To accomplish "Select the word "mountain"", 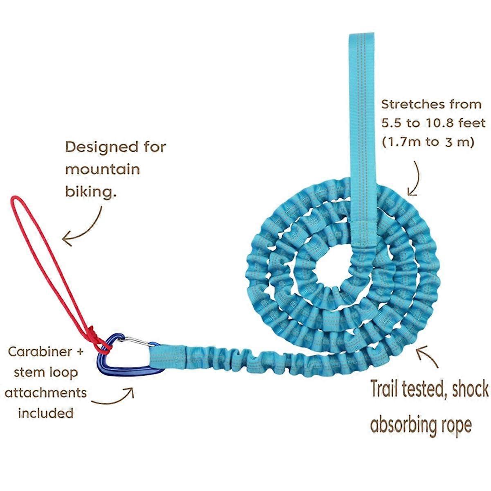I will tap(102, 169).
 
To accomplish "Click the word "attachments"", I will tap(46, 392).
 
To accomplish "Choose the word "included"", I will tap(46, 413).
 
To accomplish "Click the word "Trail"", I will tap(387, 389).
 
